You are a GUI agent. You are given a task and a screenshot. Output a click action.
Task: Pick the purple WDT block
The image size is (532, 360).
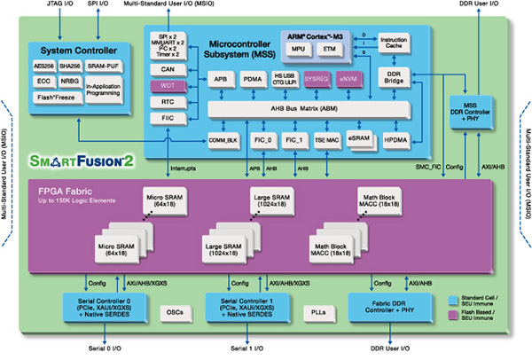(168, 85)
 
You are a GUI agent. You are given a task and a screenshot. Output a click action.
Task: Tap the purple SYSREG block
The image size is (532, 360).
(317, 79)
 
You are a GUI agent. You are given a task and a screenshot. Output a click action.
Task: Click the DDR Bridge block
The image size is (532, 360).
(394, 79)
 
